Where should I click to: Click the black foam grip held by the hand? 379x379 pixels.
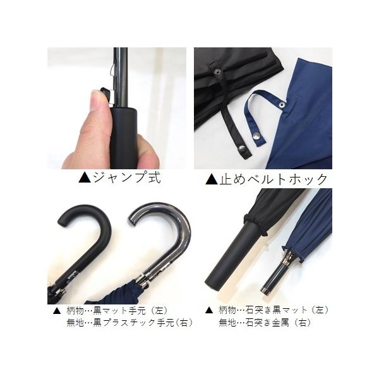click(124, 138)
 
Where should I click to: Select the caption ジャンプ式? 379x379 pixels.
click(127, 178)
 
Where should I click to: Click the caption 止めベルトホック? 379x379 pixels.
click(274, 179)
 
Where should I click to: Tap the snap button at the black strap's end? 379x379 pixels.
click(242, 149)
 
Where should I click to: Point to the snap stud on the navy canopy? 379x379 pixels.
click(282, 104)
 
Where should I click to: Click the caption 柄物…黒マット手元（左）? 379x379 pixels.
click(117, 310)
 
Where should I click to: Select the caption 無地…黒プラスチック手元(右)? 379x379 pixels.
click(129, 323)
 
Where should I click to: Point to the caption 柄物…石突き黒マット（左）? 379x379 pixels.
click(274, 310)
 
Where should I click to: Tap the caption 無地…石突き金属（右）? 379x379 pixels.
click(265, 323)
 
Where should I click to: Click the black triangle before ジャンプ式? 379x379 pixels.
click(85, 178)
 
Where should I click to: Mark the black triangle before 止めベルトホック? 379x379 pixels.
click(211, 179)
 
